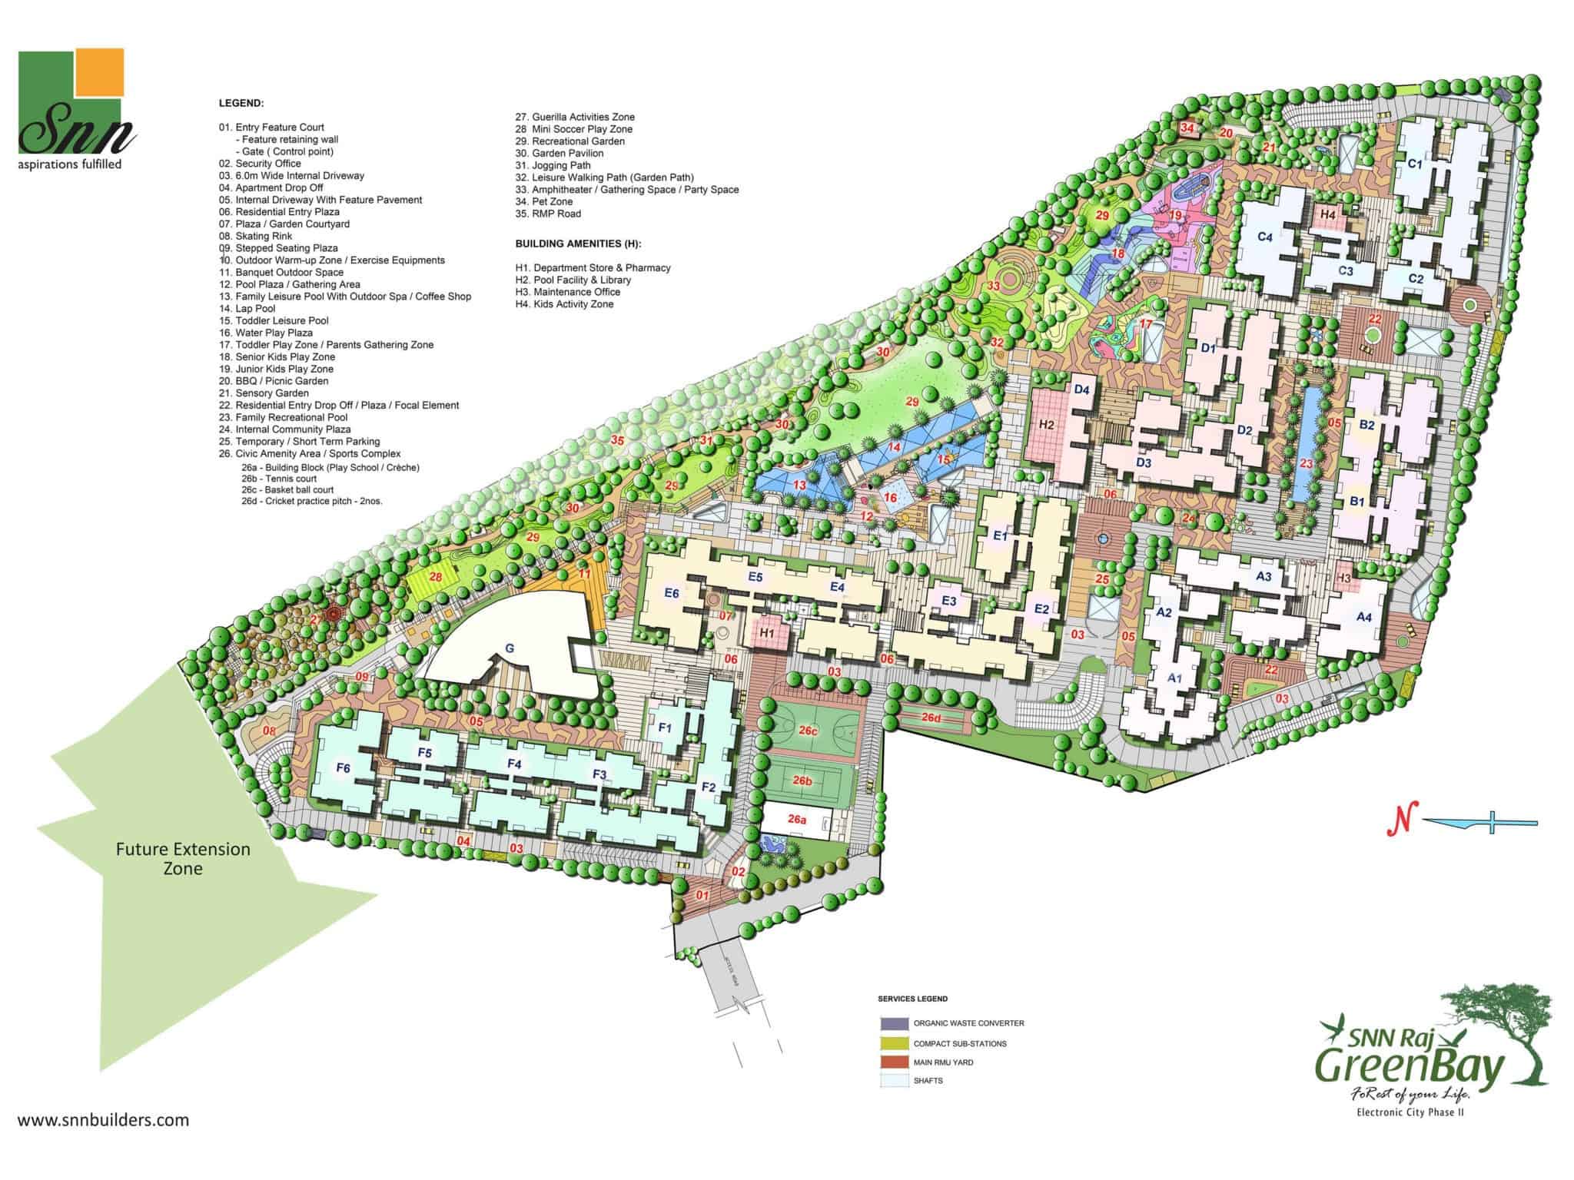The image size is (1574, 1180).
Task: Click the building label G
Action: [509, 648]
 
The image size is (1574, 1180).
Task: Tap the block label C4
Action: [1265, 237]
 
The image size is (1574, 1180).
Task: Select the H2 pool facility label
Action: [1046, 424]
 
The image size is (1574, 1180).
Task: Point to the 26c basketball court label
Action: [808, 731]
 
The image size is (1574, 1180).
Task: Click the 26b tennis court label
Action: [802, 781]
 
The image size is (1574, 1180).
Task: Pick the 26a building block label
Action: [797, 820]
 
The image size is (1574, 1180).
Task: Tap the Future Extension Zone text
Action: [183, 859]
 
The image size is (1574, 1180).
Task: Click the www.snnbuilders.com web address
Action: [103, 1119]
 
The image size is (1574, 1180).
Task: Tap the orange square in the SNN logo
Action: [100, 73]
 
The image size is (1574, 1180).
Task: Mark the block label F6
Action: [343, 768]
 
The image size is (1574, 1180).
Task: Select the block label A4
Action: [1363, 617]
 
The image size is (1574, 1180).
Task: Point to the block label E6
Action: [671, 593]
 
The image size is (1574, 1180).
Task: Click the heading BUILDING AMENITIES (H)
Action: [578, 244]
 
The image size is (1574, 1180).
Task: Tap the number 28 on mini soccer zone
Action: [436, 577]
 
